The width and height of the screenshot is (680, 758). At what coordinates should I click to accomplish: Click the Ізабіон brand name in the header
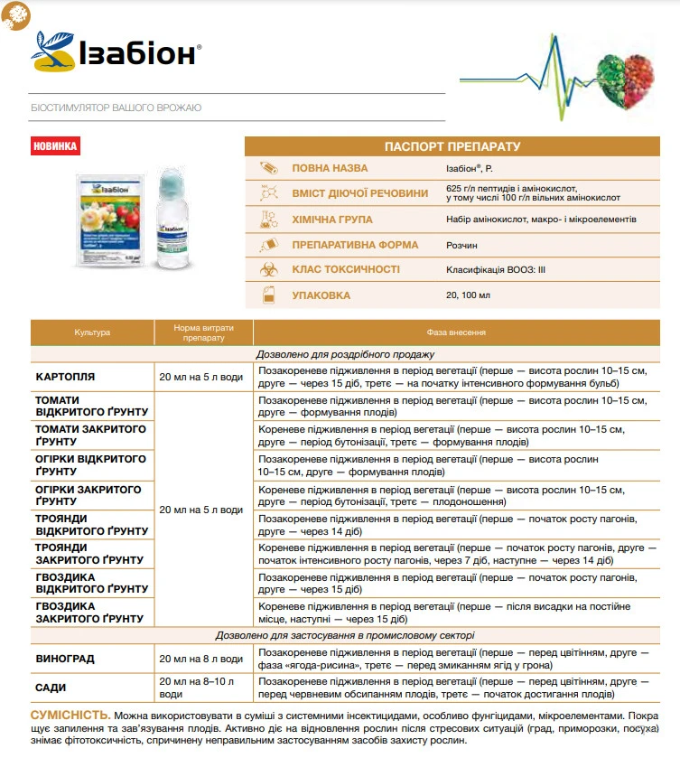[135, 52]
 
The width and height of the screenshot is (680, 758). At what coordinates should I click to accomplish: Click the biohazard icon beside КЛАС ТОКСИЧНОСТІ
[268, 269]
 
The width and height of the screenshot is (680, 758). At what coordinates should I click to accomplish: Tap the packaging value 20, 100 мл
[470, 295]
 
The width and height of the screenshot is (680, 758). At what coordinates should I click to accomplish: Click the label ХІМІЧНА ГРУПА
[331, 220]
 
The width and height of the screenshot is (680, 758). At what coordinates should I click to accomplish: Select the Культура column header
[92, 332]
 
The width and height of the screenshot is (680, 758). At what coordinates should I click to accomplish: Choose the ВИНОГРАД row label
[64, 659]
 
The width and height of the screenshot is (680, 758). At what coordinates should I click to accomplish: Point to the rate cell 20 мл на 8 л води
[200, 659]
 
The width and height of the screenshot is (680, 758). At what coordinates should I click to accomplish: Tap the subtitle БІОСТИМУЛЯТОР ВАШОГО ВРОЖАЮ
[116, 108]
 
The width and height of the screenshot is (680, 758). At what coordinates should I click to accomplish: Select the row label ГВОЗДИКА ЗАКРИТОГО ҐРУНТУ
[89, 612]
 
